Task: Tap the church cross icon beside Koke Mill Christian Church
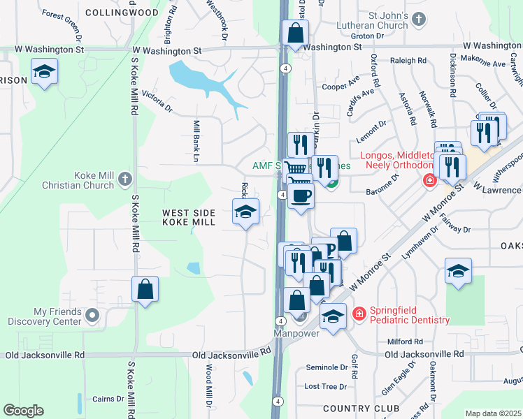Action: coord(125,179)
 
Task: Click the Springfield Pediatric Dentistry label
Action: coord(410,314)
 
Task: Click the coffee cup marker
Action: coord(301,195)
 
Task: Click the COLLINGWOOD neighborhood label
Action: coord(131,13)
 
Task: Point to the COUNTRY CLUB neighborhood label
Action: coord(361,408)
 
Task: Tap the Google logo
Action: coord(23,411)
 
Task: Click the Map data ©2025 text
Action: coord(493,413)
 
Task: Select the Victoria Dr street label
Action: coord(157,102)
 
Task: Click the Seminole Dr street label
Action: coord(327,367)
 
